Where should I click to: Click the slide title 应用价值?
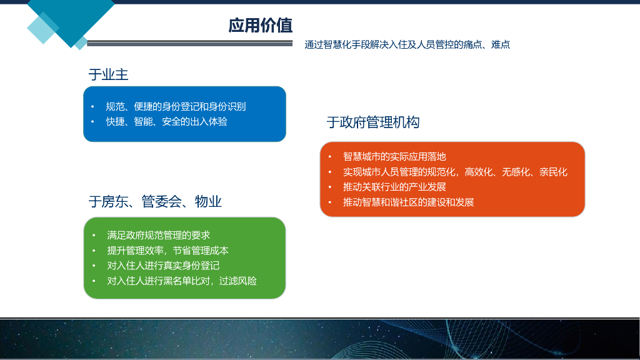click(x=261, y=25)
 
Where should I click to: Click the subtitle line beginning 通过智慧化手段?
click(x=407, y=44)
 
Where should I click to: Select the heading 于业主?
click(x=109, y=74)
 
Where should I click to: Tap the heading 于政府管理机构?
click(x=373, y=122)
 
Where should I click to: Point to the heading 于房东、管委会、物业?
click(x=155, y=201)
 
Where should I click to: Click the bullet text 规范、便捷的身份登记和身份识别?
click(x=176, y=106)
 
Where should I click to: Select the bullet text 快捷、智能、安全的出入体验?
click(x=166, y=122)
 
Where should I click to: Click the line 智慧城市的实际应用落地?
click(x=394, y=156)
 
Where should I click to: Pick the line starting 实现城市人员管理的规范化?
click(x=455, y=172)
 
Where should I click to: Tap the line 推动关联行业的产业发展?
click(x=394, y=187)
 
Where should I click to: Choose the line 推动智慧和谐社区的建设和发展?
click(x=409, y=202)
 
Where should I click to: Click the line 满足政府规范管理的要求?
click(x=158, y=235)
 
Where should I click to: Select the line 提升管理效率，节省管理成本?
click(x=167, y=250)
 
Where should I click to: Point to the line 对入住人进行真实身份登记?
click(x=163, y=266)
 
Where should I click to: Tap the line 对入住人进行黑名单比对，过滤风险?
click(x=182, y=281)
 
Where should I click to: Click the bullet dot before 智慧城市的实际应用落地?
click(x=330, y=157)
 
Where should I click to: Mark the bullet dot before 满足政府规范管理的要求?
click(x=94, y=236)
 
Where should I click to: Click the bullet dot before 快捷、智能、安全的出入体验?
click(x=92, y=122)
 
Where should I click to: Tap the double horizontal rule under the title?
click(x=190, y=43)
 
